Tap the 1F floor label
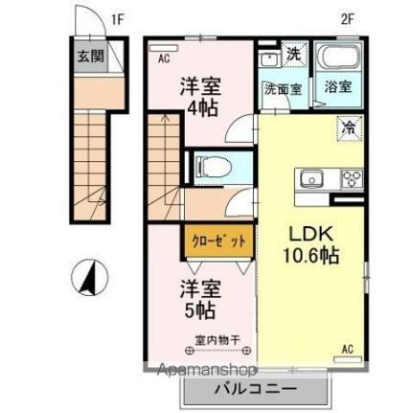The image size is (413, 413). click(x=117, y=17)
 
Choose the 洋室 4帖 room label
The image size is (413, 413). click(x=201, y=97)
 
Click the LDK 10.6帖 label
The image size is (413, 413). click(x=309, y=245)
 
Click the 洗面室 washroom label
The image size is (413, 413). click(x=283, y=88)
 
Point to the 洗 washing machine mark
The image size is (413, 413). click(x=292, y=55)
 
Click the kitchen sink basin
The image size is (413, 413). click(x=311, y=178)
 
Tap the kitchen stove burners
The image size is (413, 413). click(x=351, y=178)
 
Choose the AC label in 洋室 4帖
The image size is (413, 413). click(x=164, y=57)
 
